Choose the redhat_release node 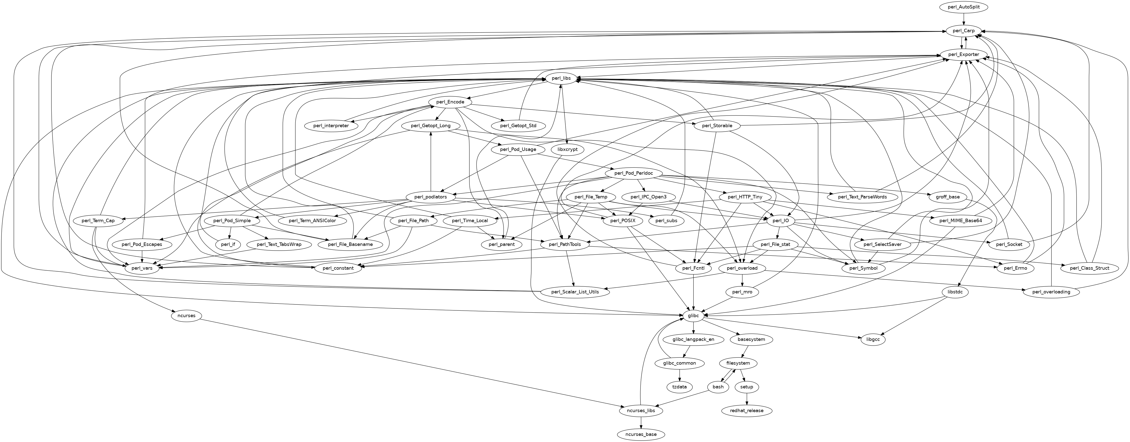click(747, 410)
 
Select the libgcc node click(873, 339)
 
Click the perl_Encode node click(450, 102)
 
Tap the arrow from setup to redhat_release click(747, 398)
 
